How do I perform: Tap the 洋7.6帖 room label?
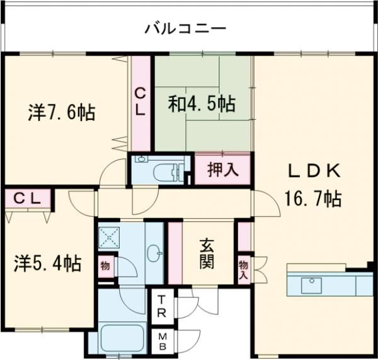click(x=61, y=113)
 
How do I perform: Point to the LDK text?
click(x=314, y=170)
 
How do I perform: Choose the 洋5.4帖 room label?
click(x=48, y=263)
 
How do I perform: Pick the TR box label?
click(x=162, y=306)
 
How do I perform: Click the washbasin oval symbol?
click(x=153, y=253)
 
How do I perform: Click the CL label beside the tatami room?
click(x=140, y=102)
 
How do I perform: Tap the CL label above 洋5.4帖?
click(x=28, y=198)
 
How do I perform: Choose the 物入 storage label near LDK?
click(x=244, y=270)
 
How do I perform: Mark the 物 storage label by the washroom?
click(x=105, y=265)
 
